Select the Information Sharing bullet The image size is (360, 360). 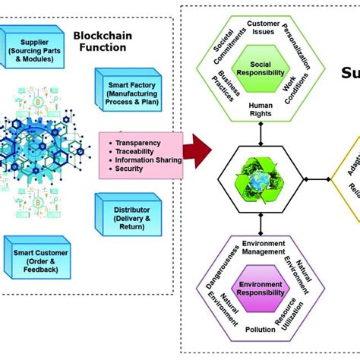[146, 160]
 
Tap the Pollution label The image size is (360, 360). [261, 331]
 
